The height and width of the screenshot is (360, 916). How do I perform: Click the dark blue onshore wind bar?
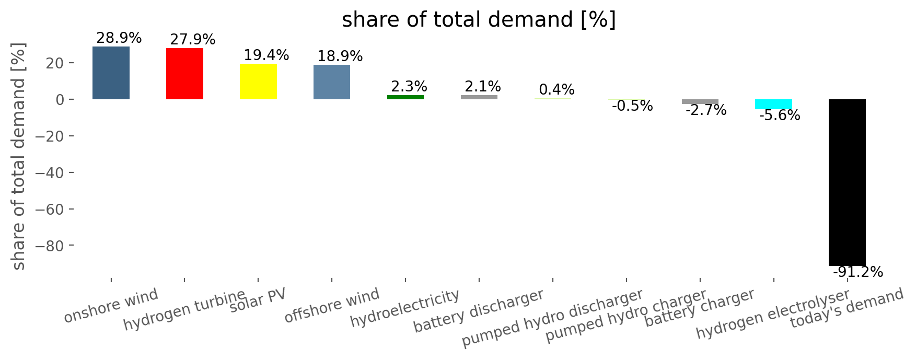click(x=111, y=73)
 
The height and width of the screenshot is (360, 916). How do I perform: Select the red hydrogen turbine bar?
click(x=184, y=74)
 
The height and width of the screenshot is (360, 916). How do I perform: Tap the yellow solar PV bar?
click(x=258, y=82)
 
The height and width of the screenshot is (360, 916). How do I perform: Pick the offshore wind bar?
click(x=332, y=82)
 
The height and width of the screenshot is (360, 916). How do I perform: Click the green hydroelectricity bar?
click(x=405, y=97)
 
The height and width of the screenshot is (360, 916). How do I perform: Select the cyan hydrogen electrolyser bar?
click(x=773, y=104)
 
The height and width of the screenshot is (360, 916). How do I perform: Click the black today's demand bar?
click(x=847, y=182)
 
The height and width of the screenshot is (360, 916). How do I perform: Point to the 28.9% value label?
click(x=119, y=38)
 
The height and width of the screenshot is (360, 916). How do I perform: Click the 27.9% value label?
click(x=193, y=40)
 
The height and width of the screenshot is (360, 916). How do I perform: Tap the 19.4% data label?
click(x=266, y=55)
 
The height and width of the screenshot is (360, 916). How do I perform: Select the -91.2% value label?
click(x=858, y=272)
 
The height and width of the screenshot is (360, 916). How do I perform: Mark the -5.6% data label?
click(x=780, y=115)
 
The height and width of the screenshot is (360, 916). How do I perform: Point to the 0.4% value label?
click(x=556, y=90)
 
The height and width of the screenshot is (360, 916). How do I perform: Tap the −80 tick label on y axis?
click(x=46, y=246)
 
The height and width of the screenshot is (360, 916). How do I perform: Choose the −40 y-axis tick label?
click(x=46, y=173)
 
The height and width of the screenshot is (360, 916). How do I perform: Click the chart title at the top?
click(x=479, y=20)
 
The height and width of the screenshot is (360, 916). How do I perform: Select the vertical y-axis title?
click(x=19, y=156)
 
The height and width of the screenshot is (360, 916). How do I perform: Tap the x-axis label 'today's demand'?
click(x=847, y=308)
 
